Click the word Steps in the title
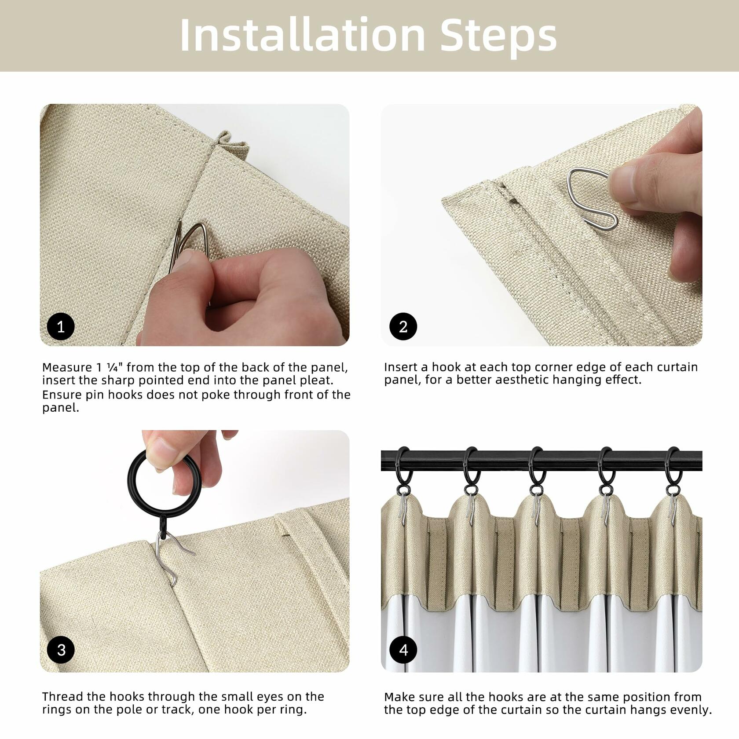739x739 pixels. click(x=498, y=37)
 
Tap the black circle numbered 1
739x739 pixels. click(x=61, y=326)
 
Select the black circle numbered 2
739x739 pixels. click(x=403, y=326)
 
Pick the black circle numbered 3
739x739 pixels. click(x=61, y=650)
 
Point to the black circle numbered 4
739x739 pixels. click(x=403, y=650)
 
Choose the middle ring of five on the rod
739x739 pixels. click(x=536, y=466)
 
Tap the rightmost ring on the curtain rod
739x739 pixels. click(x=673, y=466)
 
